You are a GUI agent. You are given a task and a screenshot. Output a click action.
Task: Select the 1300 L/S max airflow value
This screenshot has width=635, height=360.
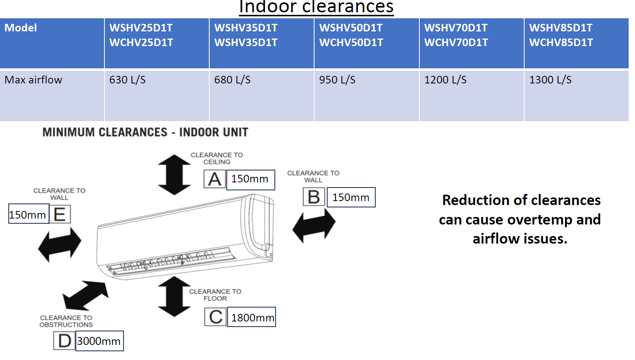click(550, 80)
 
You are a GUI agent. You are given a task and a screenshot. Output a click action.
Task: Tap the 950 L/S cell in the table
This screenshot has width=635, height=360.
click(337, 80)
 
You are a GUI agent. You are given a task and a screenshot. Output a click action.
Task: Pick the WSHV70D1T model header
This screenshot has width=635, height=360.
click(456, 28)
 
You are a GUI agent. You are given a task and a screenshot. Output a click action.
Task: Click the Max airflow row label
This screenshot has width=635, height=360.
click(33, 80)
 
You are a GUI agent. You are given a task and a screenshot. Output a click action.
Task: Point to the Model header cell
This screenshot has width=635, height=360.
click(21, 28)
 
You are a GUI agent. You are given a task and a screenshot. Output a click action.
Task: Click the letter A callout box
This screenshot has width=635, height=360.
click(215, 179)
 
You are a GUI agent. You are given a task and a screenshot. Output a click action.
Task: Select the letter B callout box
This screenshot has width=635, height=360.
click(314, 197)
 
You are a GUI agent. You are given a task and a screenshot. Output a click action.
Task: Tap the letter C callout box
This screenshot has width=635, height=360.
click(216, 317)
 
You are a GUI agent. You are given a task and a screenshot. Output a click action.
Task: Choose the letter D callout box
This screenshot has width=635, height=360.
click(64, 341)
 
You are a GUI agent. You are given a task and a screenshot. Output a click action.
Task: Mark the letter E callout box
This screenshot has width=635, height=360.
click(60, 214)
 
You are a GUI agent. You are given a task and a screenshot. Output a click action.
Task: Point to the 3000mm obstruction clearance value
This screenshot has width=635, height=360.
click(99, 341)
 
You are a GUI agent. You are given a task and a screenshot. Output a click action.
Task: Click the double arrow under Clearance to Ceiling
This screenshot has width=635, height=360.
click(174, 175)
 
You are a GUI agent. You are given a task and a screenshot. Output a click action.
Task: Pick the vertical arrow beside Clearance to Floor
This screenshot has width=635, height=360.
click(174, 296)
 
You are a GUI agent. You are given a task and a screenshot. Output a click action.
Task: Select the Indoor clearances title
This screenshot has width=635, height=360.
click(316, 7)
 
